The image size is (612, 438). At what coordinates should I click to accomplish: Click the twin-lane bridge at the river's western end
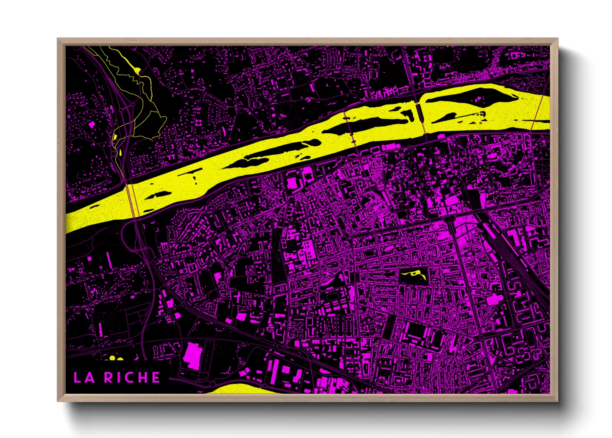pos(132,201)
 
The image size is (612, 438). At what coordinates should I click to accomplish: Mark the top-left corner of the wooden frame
pos(58,39)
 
